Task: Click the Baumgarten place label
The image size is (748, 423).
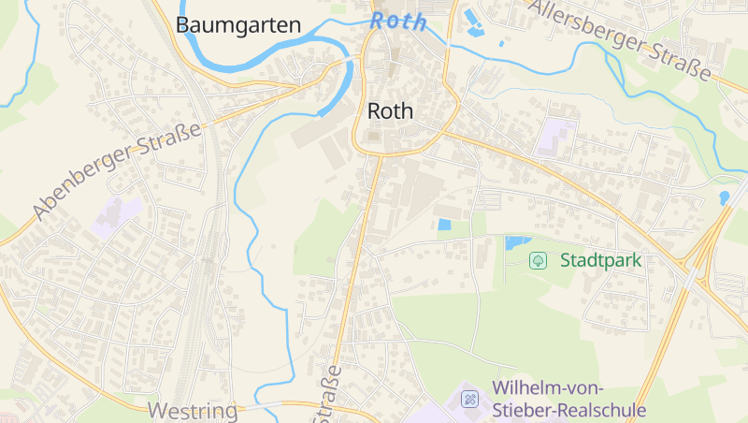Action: coord(238,25)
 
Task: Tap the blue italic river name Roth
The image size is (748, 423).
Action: coord(397,21)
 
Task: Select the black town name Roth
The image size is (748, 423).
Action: coord(390,110)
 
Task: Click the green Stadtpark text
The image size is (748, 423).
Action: coord(601,260)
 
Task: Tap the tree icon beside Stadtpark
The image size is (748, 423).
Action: coord(539,260)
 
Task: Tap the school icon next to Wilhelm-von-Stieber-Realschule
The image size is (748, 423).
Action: coord(470,401)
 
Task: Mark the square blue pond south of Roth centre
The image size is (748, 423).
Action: coord(444,225)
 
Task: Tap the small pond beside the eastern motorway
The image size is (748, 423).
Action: coord(725,197)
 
